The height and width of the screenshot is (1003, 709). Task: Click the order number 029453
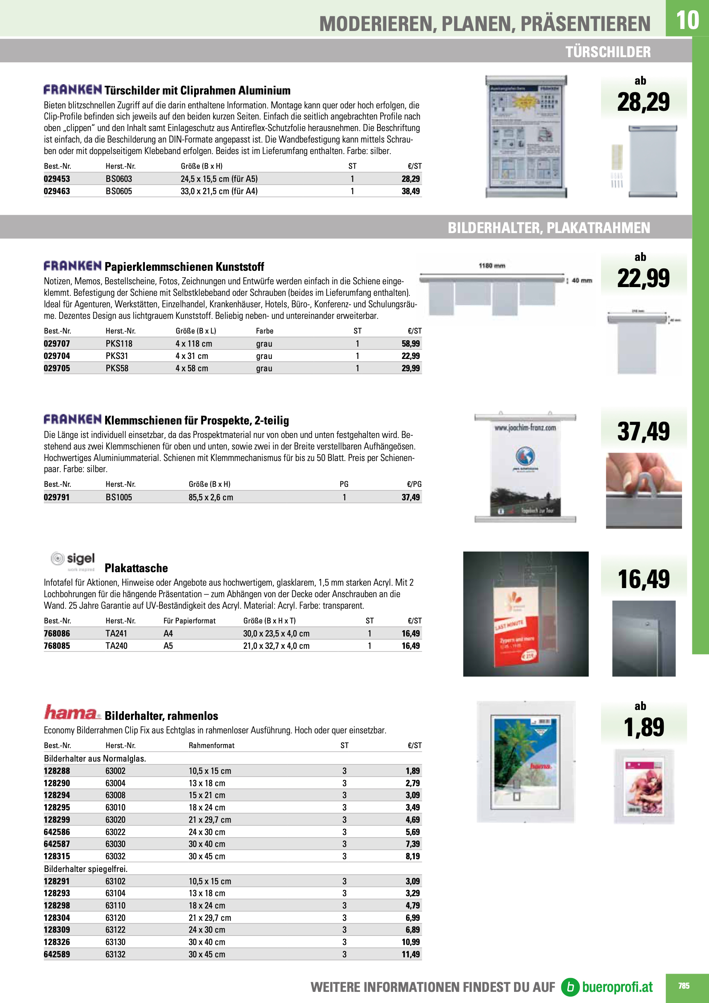click(x=57, y=179)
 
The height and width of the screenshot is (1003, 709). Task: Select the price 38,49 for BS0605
click(x=410, y=191)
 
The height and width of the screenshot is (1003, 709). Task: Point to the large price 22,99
click(x=643, y=278)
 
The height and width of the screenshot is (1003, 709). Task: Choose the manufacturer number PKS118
click(x=119, y=344)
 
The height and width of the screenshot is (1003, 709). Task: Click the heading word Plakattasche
click(x=136, y=568)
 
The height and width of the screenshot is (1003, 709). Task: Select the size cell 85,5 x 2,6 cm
click(x=211, y=497)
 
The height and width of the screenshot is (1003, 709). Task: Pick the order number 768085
click(x=57, y=646)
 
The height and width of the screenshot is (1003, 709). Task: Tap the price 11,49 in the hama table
click(x=410, y=954)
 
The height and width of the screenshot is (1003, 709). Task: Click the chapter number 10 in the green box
click(x=687, y=20)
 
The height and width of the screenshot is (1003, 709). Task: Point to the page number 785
click(x=684, y=986)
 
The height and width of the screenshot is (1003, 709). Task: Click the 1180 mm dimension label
click(x=492, y=266)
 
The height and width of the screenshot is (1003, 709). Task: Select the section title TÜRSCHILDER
click(x=608, y=52)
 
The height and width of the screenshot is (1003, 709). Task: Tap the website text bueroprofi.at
click(x=617, y=987)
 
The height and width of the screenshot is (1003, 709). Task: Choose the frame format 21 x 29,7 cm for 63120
click(x=210, y=917)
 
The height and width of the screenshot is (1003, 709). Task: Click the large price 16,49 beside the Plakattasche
click(x=643, y=579)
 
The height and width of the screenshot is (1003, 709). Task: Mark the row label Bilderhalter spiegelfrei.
click(x=86, y=868)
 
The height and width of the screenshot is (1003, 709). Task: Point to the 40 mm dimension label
click(x=582, y=280)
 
